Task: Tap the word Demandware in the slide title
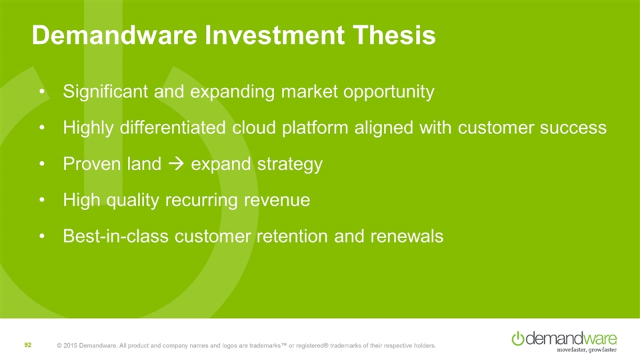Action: (115, 35)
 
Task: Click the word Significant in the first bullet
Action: (105, 91)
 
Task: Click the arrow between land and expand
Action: (176, 164)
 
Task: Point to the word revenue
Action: (277, 201)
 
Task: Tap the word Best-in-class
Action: (115, 236)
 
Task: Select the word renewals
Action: (407, 236)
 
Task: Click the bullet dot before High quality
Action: (41, 201)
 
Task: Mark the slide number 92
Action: (28, 345)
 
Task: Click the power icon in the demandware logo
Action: (518, 339)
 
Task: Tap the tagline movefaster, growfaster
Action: (587, 350)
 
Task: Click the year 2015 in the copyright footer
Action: (70, 346)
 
